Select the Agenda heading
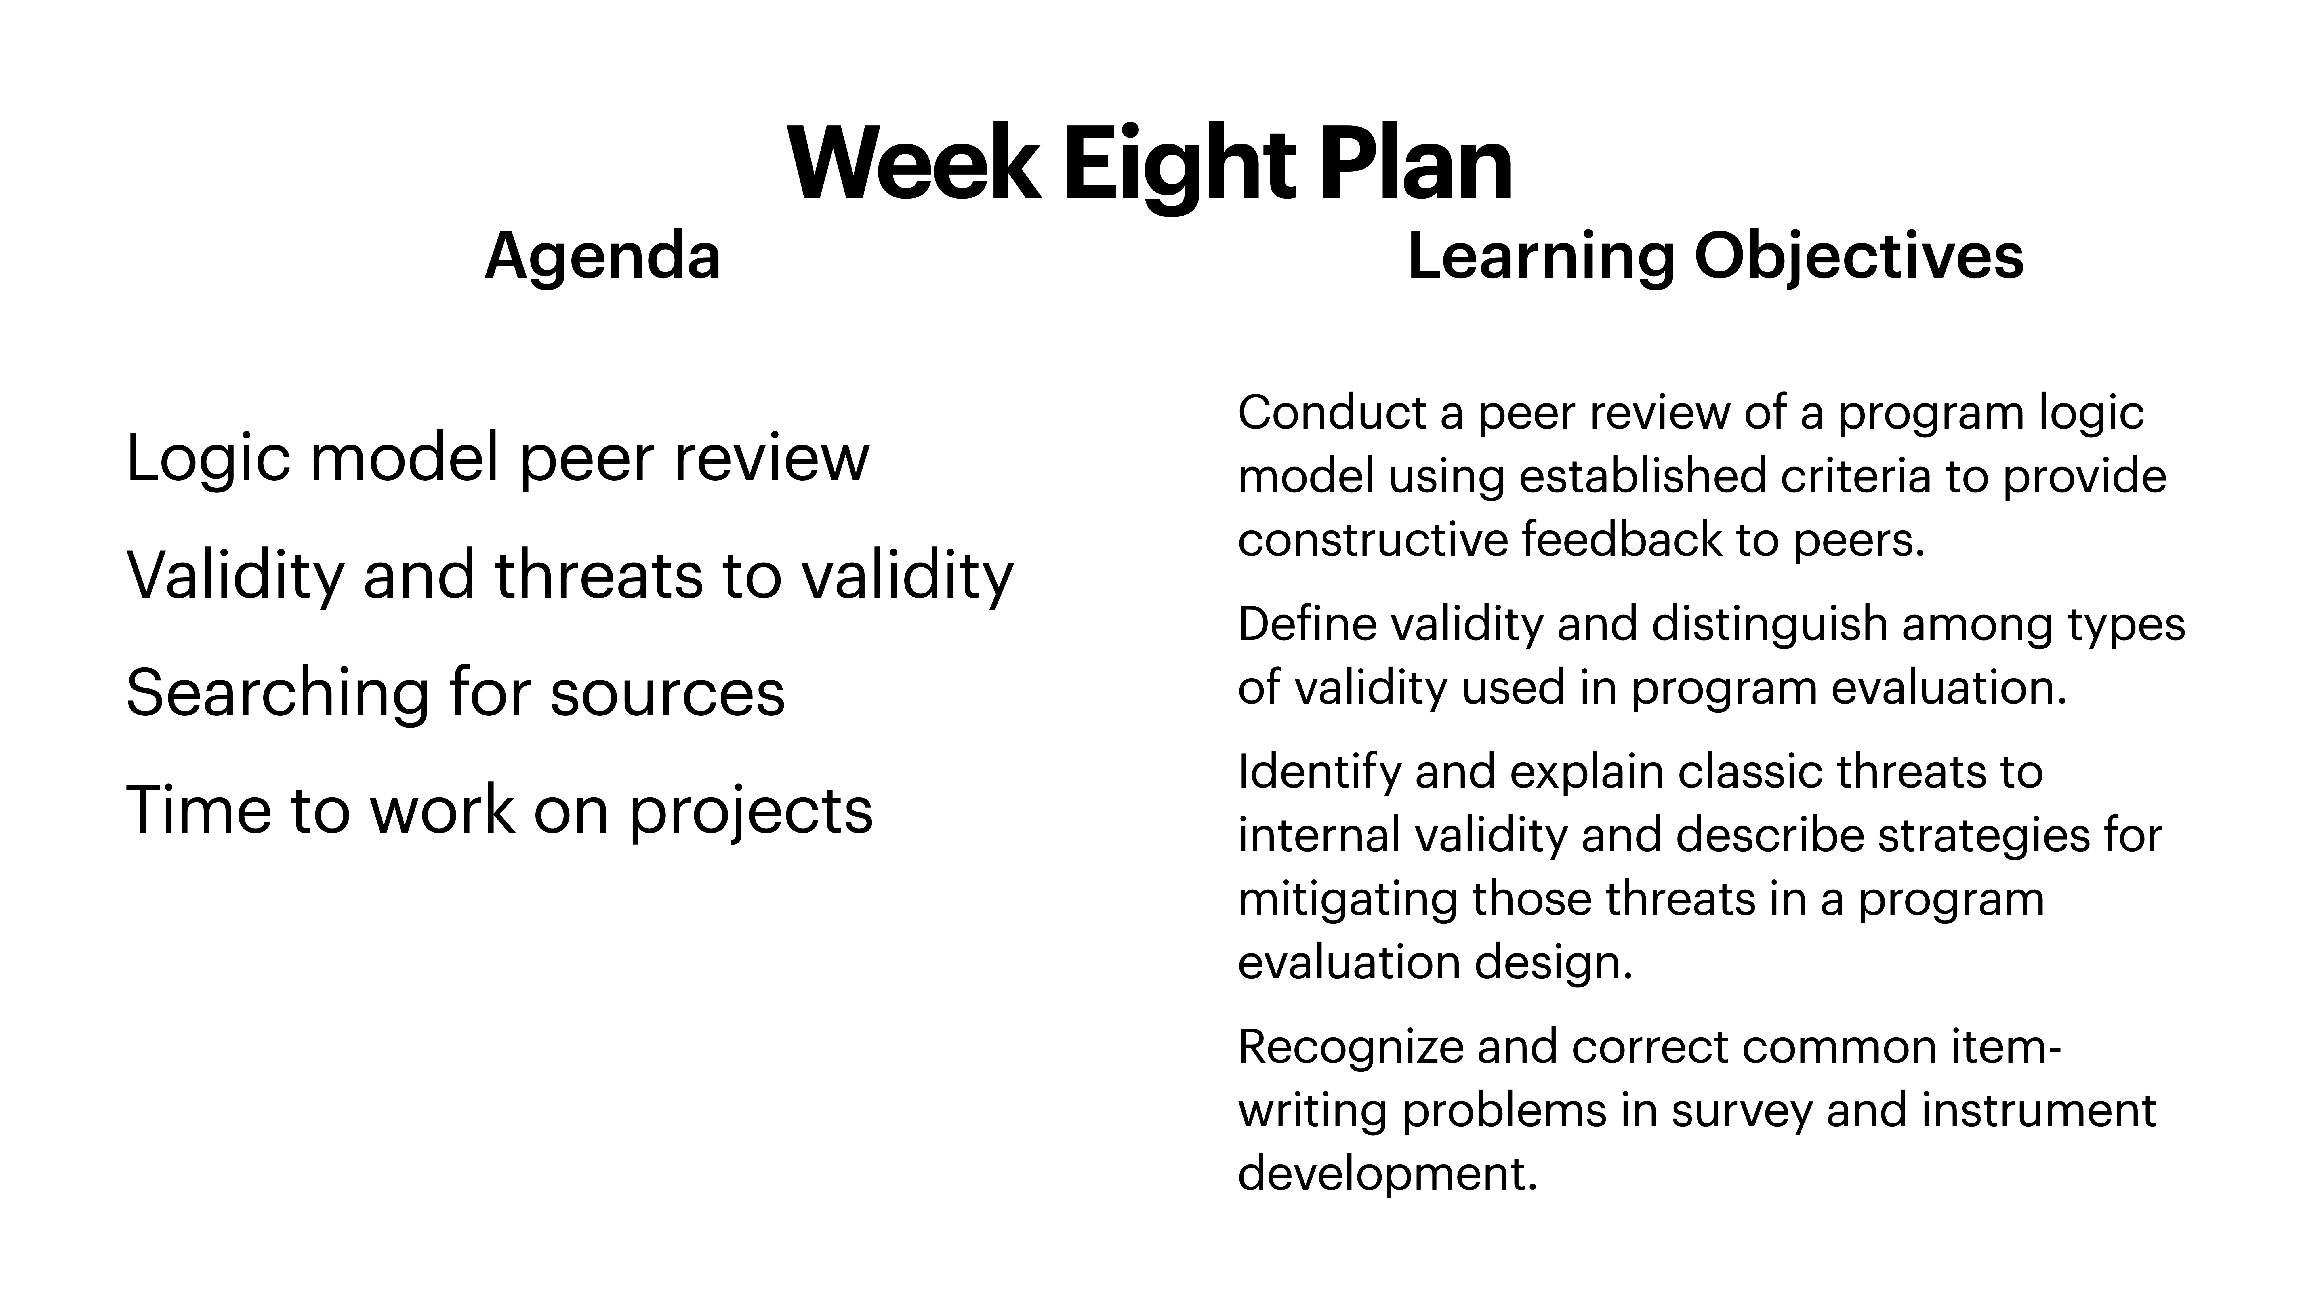point(602,256)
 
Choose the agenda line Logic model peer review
point(497,458)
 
